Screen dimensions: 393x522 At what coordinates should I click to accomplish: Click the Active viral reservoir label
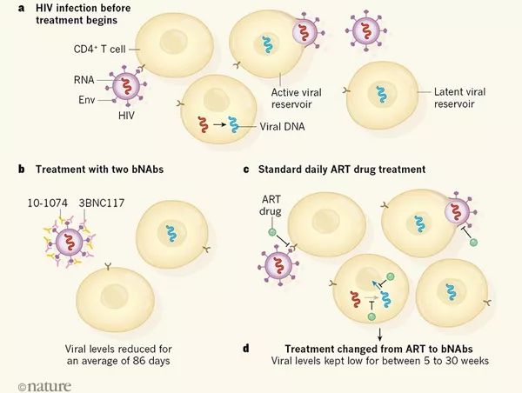(x=298, y=98)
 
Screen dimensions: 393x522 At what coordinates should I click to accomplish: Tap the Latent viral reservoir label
(x=464, y=98)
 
